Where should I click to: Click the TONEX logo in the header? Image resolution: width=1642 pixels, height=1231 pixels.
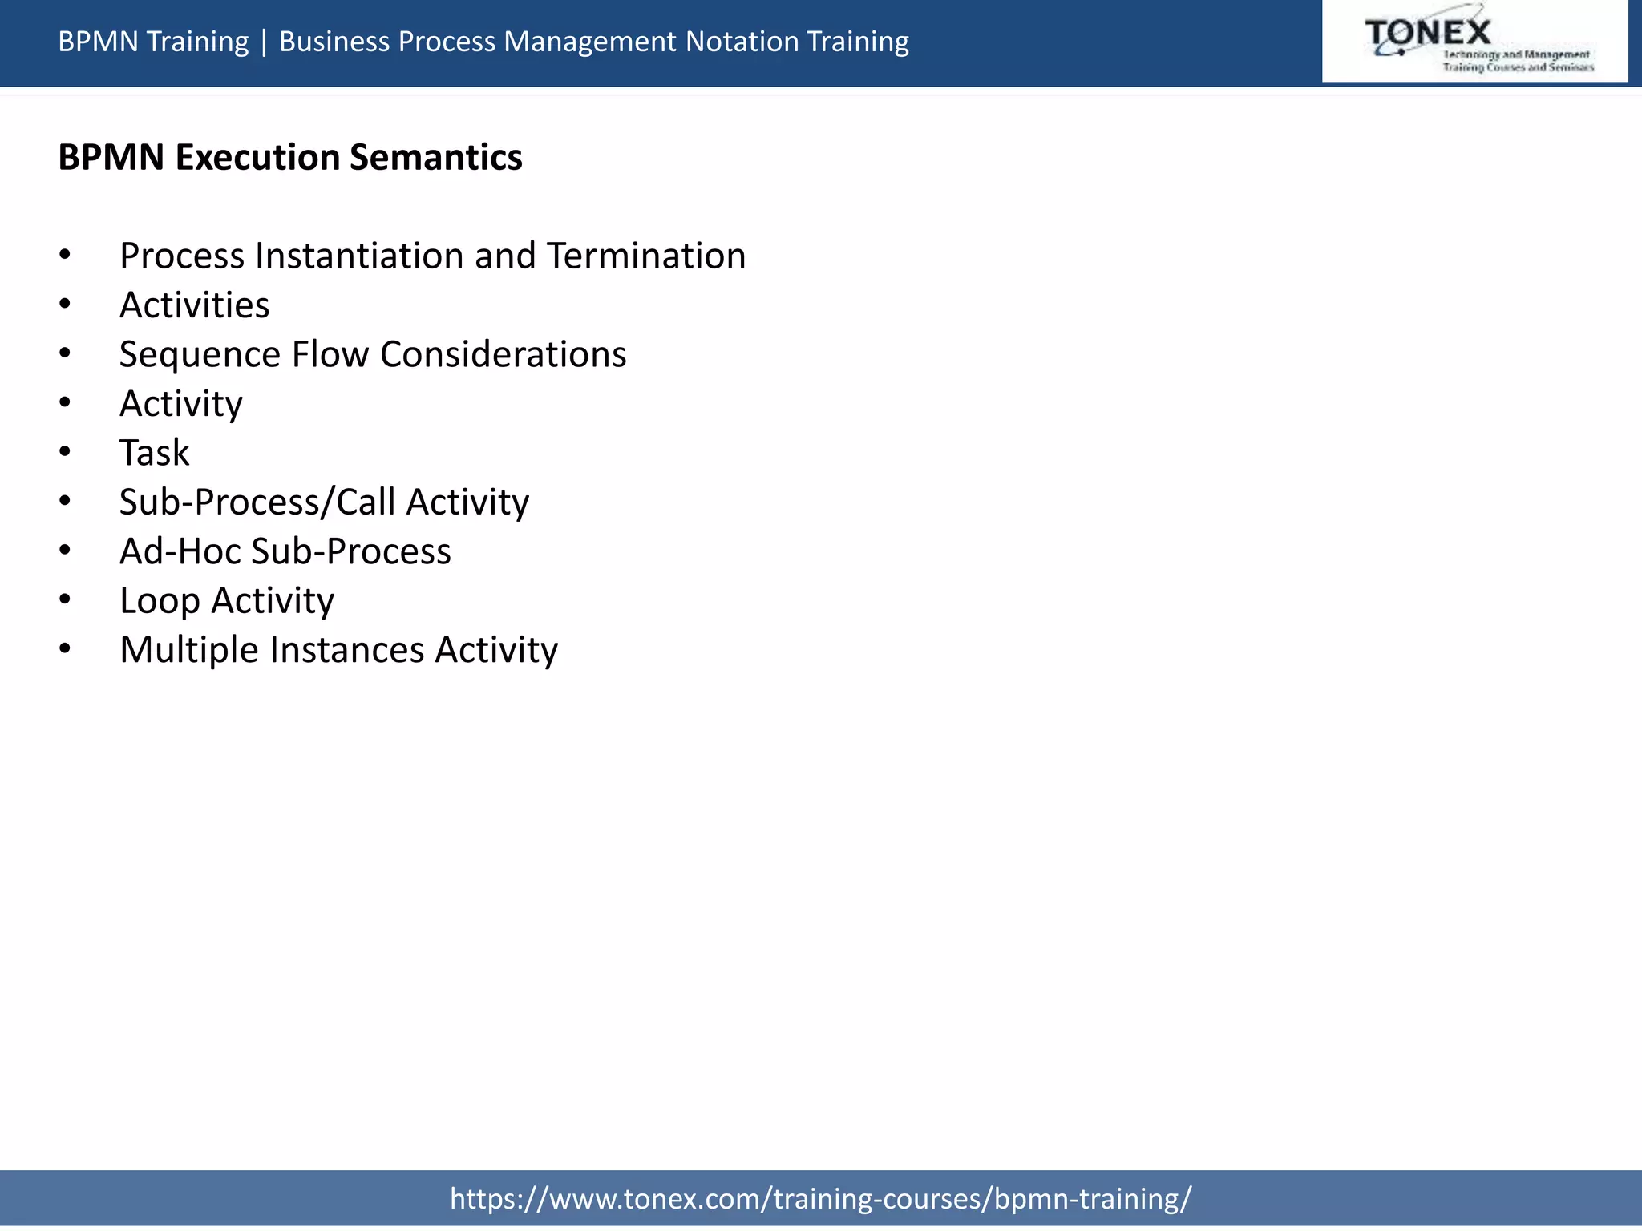(1474, 42)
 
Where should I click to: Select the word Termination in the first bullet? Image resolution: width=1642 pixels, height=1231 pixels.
(646, 256)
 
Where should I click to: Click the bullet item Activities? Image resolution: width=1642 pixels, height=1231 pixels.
(194, 305)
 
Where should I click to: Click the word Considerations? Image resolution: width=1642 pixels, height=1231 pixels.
(503, 354)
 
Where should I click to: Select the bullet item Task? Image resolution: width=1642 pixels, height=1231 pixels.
(154, 453)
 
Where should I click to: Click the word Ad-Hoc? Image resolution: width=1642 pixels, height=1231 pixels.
(180, 551)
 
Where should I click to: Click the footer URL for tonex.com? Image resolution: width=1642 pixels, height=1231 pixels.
(820, 1199)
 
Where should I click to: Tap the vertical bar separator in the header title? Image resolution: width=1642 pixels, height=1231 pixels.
(264, 42)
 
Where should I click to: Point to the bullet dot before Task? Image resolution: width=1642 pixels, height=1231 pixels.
(65, 452)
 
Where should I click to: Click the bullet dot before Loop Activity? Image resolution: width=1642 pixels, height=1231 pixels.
(65, 599)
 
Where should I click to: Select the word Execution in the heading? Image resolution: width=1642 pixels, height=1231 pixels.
(257, 157)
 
